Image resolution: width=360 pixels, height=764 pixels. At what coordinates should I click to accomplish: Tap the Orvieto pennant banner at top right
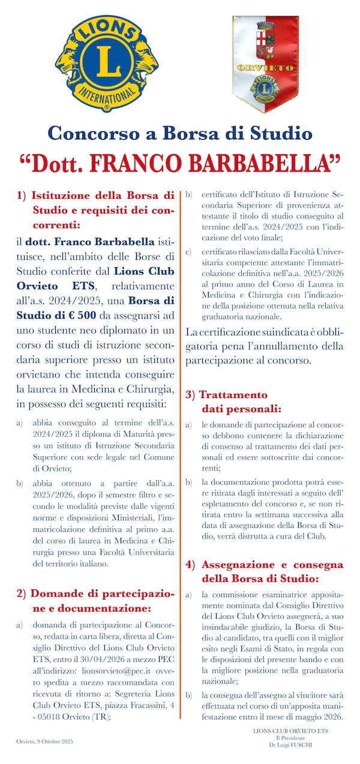pos(265,63)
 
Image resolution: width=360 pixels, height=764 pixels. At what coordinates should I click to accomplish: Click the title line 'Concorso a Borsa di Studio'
pos(180,133)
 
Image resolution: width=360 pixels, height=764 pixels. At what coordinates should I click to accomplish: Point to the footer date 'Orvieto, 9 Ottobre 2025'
pos(45,742)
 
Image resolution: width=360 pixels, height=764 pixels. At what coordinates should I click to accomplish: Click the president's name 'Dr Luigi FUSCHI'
pos(290,744)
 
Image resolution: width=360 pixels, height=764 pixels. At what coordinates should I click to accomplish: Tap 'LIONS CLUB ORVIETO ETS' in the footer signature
pos(290,731)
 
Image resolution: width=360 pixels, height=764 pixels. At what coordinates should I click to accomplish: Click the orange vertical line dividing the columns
pos(181,450)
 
